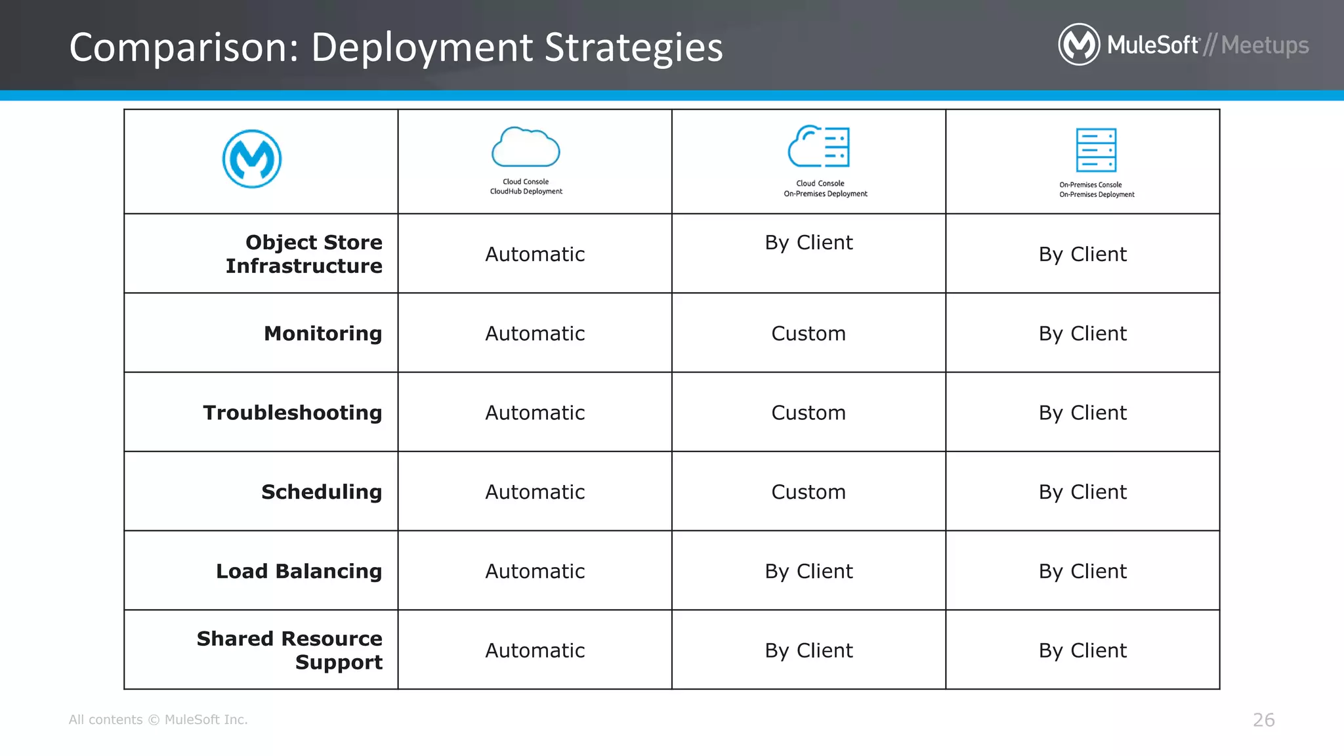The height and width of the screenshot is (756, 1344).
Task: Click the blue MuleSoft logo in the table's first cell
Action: coord(252,159)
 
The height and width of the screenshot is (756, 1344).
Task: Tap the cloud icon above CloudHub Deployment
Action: coord(526,147)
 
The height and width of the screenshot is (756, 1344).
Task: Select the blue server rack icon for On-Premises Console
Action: coord(1096,150)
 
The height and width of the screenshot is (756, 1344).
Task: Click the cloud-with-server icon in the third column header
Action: coord(819,146)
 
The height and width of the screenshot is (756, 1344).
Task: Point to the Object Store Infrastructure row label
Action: coord(304,254)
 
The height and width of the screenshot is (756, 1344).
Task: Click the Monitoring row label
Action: coord(323,333)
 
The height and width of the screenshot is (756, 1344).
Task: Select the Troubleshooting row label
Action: coord(293,413)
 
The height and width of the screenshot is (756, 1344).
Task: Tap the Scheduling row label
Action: coord(322,492)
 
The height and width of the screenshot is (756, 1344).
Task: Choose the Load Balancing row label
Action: coord(299,572)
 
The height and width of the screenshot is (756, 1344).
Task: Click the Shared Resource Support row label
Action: coord(290,650)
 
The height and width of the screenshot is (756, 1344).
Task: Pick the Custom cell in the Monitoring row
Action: coord(808,333)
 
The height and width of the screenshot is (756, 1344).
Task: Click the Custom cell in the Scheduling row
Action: coord(808,492)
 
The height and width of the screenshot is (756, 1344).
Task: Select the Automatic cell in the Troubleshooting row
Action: coord(535,413)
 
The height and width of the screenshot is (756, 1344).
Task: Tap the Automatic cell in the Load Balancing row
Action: coord(535,572)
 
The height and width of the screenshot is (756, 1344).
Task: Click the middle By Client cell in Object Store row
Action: coord(808,243)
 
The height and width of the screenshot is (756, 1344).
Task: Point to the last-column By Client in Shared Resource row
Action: coord(1083,650)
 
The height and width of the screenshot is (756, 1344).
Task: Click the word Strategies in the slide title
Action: coord(633,48)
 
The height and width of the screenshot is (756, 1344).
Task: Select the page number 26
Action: coord(1263,720)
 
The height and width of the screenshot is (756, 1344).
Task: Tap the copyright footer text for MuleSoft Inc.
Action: coord(158,720)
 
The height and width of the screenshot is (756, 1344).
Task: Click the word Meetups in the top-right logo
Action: coord(1265,45)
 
